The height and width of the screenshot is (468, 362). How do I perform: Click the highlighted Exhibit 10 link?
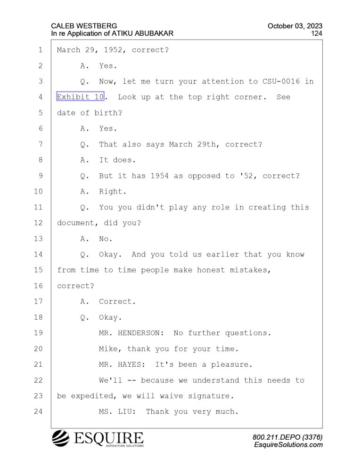pos(80,97)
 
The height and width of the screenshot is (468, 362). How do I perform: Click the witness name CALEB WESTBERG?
pos(84,26)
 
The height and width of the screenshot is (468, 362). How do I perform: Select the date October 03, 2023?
pos(295,26)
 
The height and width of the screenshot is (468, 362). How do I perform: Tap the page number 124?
pos(317,33)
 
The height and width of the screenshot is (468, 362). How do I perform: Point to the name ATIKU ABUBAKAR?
pos(143,33)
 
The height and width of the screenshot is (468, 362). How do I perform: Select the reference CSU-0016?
pos(281,81)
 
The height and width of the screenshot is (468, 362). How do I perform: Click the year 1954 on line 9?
pos(160,176)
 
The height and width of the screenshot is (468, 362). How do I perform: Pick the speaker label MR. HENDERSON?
pos(131,333)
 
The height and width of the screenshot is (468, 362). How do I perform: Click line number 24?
pos(38,412)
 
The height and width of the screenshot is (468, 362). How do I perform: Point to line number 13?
pos(38,239)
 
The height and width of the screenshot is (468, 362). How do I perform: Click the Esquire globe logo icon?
pos(61,438)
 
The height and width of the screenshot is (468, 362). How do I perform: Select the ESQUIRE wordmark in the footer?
pos(109,438)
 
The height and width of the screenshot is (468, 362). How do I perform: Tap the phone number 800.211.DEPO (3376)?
pos(288,437)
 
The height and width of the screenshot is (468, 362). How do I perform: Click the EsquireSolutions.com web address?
pos(288,445)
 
